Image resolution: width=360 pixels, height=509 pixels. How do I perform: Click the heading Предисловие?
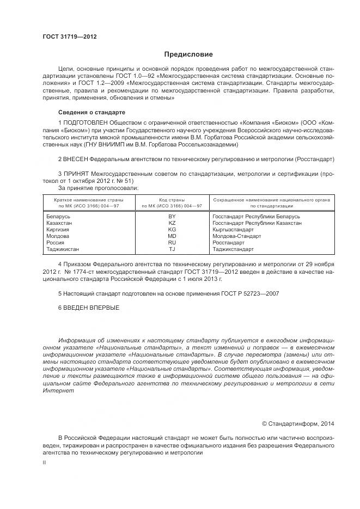click(189, 54)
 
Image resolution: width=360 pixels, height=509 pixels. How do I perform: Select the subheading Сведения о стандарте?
click(91, 112)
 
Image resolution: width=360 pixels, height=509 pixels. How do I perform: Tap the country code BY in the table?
click(172, 217)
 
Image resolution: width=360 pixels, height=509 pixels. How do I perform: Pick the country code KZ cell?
click(172, 223)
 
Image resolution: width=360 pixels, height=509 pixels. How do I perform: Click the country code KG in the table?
click(172, 230)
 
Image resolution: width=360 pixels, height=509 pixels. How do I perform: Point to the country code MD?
click(172, 236)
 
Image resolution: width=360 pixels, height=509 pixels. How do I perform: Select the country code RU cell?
click(172, 243)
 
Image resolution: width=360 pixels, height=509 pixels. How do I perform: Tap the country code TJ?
click(172, 249)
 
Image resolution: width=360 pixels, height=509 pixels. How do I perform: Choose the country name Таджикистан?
click(63, 249)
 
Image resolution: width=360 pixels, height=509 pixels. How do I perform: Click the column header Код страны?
click(172, 200)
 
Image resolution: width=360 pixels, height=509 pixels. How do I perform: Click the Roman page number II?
click(44, 462)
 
